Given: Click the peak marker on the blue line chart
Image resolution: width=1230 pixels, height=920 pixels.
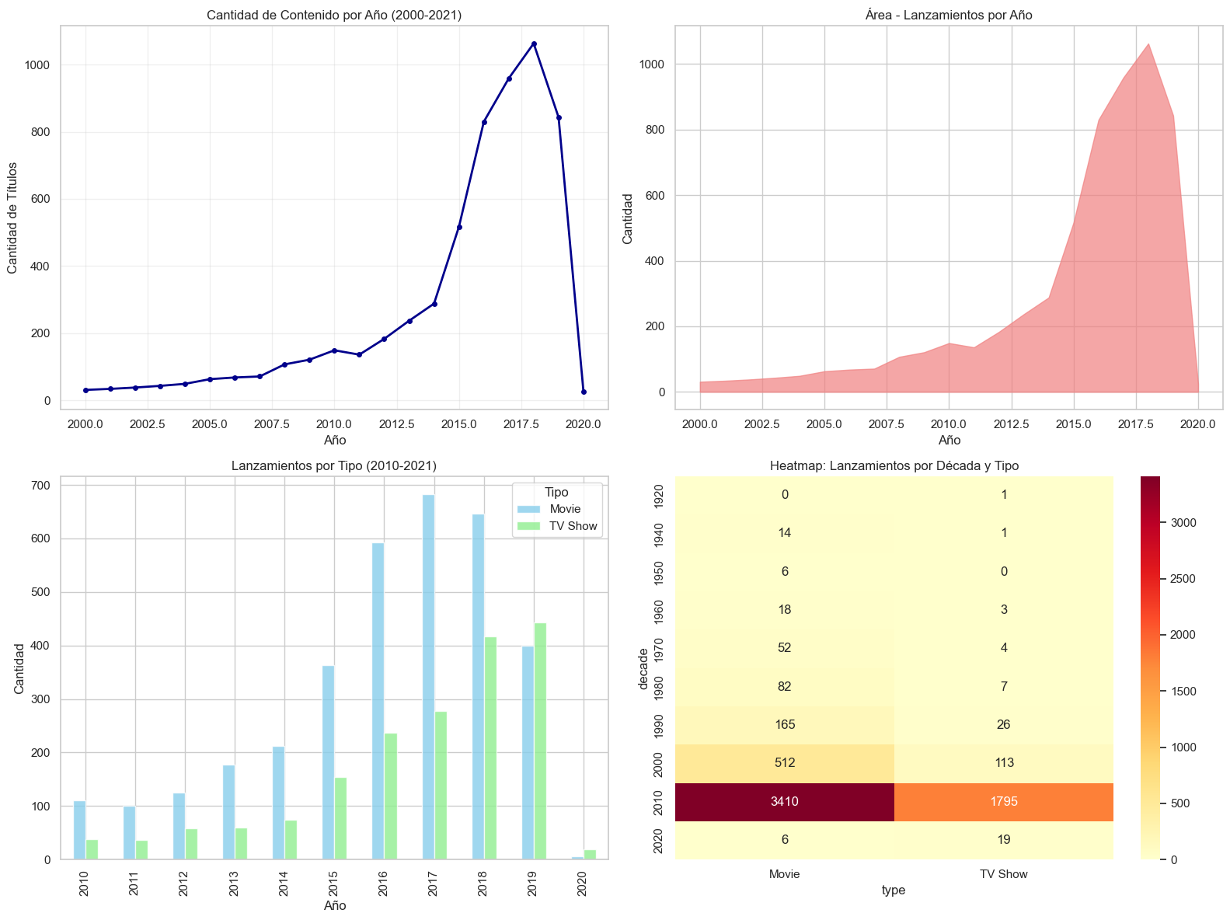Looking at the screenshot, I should click(x=534, y=44).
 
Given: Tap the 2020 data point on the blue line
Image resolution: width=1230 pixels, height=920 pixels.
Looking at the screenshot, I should click(x=584, y=392).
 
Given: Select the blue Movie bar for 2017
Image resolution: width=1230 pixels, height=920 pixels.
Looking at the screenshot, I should click(x=428, y=677).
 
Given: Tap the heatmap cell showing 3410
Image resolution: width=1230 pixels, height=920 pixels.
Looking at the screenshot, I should click(x=785, y=802).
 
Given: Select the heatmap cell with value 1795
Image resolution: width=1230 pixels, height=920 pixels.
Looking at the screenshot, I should click(x=1004, y=802).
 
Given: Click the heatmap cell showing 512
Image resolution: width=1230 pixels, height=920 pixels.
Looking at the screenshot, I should click(x=785, y=763).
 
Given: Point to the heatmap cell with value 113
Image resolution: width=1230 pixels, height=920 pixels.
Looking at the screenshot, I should click(x=1004, y=763).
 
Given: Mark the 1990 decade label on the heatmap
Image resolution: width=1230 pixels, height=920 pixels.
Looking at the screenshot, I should click(x=659, y=725).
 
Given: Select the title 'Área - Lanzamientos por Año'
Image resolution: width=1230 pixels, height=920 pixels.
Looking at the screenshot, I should click(x=950, y=16).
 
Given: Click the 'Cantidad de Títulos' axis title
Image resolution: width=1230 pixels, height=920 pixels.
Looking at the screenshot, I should click(x=13, y=218).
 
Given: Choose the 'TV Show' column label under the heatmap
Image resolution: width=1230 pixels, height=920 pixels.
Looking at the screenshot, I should click(x=1004, y=874).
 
